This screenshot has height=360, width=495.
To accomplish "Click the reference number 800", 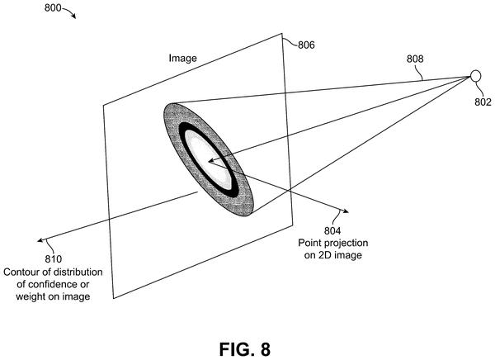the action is tap(53, 8).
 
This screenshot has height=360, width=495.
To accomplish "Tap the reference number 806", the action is tap(306, 45).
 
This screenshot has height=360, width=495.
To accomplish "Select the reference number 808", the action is tap(415, 59).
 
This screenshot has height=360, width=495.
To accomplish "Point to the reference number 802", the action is tap(483, 102).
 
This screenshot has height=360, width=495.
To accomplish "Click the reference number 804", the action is tap(332, 230).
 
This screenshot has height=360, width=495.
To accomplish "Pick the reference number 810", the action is tap(53, 259).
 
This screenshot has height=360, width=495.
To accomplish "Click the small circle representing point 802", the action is tap(475, 76).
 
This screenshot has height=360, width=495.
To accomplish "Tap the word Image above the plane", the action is tap(182, 58).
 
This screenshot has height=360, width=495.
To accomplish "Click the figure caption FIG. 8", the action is tap(245, 349).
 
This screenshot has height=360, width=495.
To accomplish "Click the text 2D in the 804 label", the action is tap(326, 255).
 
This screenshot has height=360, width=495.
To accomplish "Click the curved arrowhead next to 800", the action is tap(73, 17).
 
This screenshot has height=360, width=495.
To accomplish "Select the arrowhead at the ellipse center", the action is tap(211, 160).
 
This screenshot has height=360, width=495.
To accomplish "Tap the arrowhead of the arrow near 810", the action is tap(40, 240).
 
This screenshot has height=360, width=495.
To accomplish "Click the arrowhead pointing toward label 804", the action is tap(346, 211).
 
